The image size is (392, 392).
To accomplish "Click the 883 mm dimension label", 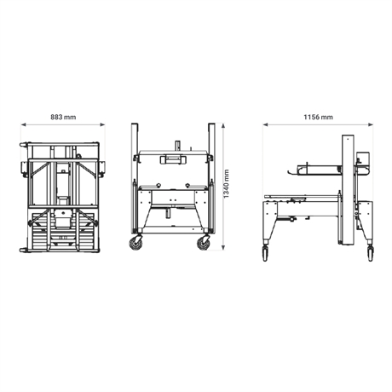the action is (63, 117).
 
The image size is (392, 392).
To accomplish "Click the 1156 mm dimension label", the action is (318, 117).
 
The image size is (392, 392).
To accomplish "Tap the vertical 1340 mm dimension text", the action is (226, 184).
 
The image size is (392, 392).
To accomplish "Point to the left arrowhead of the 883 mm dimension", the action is (23, 124).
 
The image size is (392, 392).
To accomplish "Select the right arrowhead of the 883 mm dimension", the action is (102, 124).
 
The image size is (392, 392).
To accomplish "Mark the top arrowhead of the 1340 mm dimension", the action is (223, 125).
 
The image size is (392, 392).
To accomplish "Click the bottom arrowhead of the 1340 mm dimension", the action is (223, 248).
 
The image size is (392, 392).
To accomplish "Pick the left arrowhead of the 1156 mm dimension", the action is (265, 124).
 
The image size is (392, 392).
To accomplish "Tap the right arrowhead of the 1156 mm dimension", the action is (371, 124).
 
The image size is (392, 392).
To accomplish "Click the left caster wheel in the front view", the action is (135, 243).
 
